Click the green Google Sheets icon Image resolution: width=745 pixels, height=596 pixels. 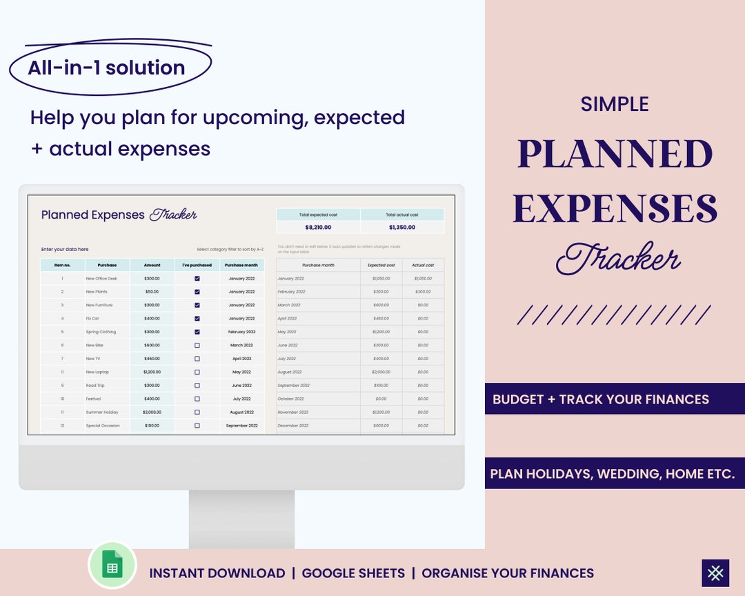(112, 566)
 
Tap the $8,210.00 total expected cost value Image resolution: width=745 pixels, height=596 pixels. (318, 227)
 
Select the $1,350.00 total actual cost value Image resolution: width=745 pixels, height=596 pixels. (402, 227)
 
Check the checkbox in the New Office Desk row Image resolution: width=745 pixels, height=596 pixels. (197, 279)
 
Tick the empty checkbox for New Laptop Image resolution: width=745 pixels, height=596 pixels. (197, 372)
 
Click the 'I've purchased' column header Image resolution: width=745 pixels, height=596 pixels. (197, 265)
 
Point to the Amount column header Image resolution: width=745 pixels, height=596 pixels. (152, 265)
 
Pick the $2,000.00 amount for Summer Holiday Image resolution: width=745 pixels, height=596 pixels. (152, 412)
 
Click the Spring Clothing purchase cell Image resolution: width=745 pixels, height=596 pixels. (101, 332)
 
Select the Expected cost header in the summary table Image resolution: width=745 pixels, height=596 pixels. (381, 265)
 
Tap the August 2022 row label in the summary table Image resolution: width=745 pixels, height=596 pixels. (290, 372)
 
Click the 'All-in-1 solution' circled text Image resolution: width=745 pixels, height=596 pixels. (107, 68)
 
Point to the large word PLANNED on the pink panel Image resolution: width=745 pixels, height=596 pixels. (615, 154)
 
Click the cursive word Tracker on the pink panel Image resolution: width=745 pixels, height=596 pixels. (618, 260)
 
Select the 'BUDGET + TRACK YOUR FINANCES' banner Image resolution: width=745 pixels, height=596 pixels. (601, 399)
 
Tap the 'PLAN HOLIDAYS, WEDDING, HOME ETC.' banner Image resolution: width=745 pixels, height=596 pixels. (613, 474)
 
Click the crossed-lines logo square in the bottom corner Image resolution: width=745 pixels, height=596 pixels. (715, 573)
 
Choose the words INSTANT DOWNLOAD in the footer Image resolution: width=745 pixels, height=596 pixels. (217, 573)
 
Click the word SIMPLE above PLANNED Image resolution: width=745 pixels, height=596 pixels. (615, 104)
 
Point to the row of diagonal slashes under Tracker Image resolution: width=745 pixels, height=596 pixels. (614, 315)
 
